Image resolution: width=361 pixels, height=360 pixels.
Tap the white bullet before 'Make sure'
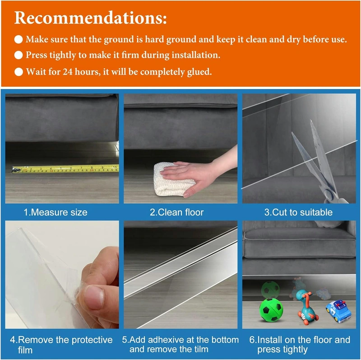click(x=19, y=39)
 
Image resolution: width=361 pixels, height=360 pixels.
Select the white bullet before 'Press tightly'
click(x=19, y=56)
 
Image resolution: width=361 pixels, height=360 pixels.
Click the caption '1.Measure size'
click(x=56, y=212)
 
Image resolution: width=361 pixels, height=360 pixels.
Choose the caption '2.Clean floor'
click(x=177, y=212)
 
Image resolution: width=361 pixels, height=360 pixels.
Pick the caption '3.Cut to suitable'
click(x=298, y=212)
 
